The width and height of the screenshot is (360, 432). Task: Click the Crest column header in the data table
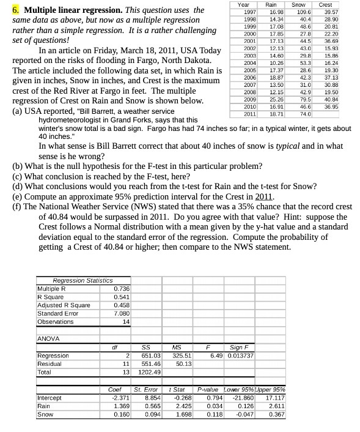coord(325,4)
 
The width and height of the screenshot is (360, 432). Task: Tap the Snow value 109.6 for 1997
coord(303,12)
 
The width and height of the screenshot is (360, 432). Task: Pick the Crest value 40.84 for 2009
coord(332,100)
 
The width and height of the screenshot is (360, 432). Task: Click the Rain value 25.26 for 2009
coord(277,100)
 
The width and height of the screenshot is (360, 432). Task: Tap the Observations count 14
coord(126,322)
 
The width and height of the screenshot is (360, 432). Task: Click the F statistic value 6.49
coord(216,356)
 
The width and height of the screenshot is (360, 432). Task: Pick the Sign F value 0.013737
coord(240,356)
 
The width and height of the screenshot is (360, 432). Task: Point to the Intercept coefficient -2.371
coord(120,397)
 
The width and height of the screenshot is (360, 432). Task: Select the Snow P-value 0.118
coord(215,414)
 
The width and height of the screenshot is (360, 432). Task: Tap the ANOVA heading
coord(48,338)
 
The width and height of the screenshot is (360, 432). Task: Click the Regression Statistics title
coord(83,280)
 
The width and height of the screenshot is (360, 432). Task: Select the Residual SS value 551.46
coord(150,363)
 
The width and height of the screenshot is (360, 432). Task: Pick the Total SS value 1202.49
coord(149,372)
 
